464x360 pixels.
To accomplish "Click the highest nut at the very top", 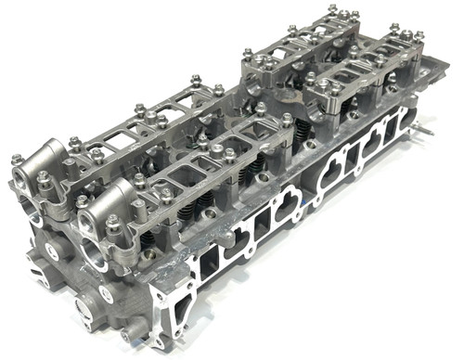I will [332, 10].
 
